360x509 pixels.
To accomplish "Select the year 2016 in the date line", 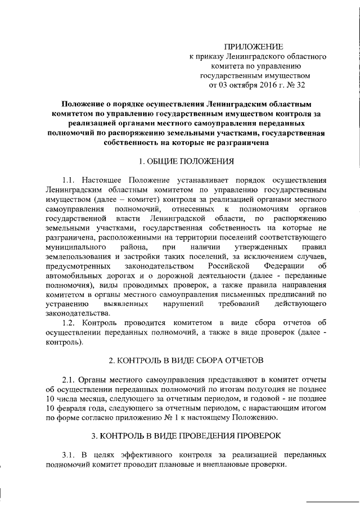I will point(260,86).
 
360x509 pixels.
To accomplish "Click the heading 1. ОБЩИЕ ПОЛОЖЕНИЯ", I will point(186,161).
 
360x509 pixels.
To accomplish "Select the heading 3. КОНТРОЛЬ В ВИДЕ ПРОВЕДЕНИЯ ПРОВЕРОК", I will point(186,436).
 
